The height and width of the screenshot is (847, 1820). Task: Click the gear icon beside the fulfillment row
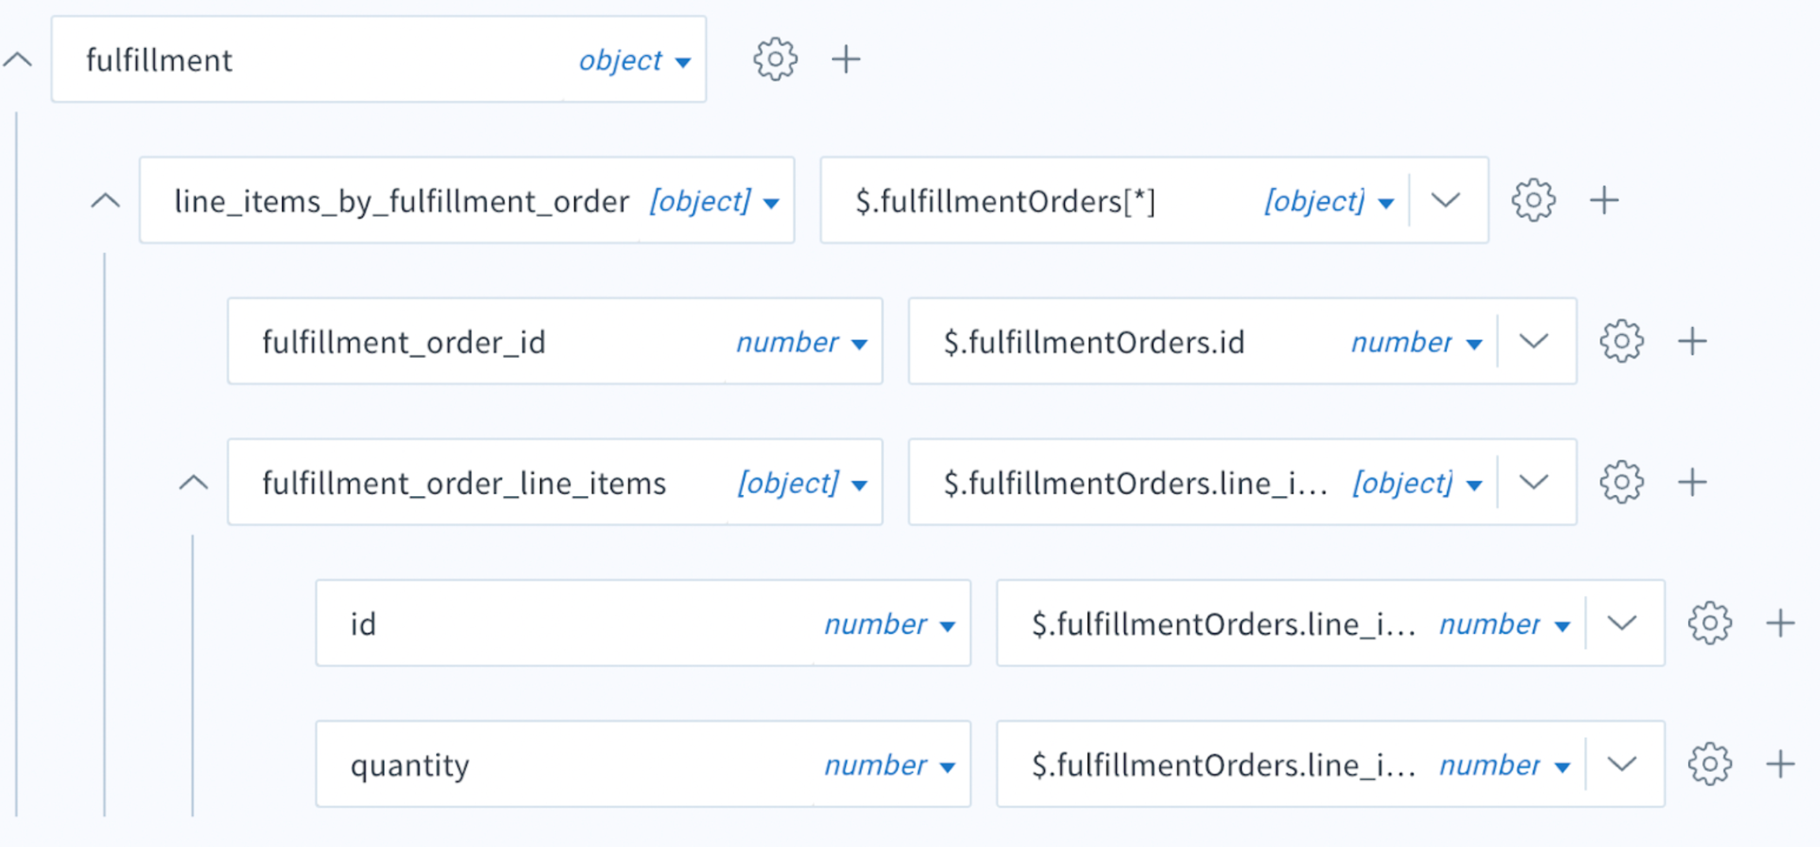point(775,59)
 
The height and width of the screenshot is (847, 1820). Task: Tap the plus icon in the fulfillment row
point(846,59)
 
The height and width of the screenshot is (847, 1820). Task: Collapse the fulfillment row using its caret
point(17,59)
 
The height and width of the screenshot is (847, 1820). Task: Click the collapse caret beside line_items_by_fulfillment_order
point(105,201)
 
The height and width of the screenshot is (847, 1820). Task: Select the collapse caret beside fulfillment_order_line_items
point(194,483)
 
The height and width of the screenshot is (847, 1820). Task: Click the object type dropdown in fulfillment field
point(634,61)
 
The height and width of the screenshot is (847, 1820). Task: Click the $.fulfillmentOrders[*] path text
point(1006,201)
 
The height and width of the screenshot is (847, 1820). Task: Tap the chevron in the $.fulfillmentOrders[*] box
point(1446,201)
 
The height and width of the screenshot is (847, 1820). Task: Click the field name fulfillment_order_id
point(404,343)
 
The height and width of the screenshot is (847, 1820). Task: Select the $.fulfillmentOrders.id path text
point(1094,343)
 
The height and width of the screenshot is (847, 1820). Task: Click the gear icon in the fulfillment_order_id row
point(1622,341)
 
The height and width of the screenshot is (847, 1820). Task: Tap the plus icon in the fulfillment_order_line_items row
point(1693,482)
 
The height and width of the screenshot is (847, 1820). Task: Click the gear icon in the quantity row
point(1710,764)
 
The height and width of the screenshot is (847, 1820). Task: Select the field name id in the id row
point(363,625)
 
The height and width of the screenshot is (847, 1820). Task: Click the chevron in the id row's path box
point(1622,623)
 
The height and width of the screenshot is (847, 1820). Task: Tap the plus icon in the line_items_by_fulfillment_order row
point(1604,201)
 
